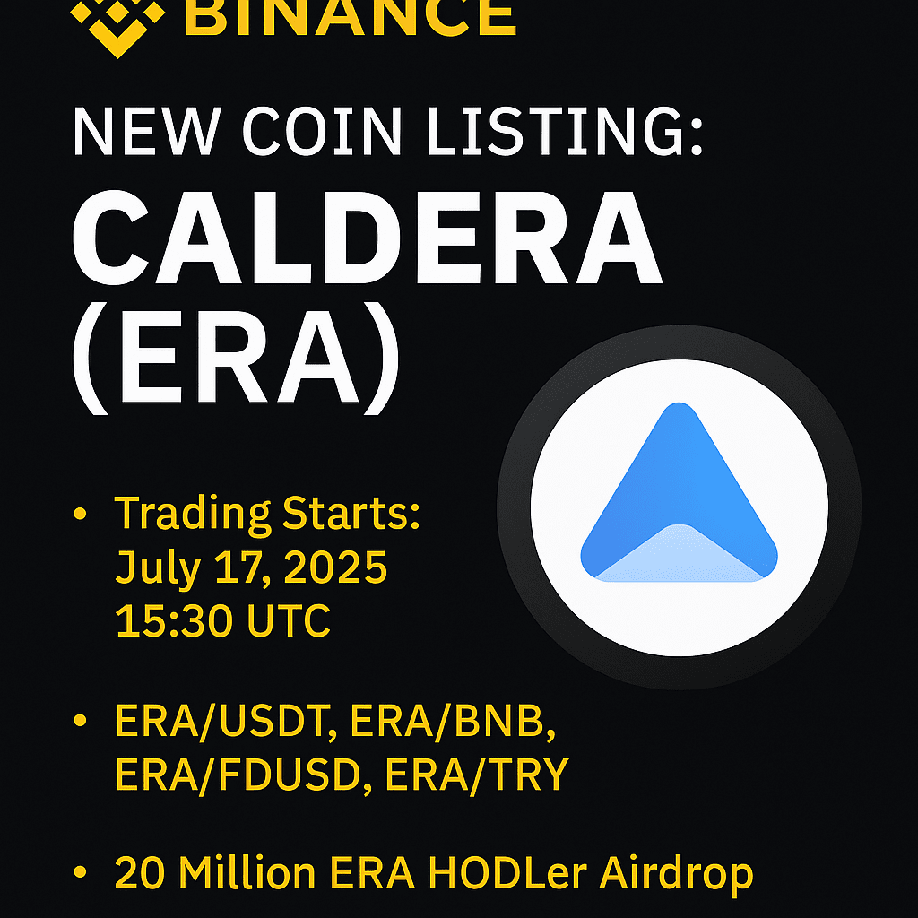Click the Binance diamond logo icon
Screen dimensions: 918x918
coord(117,26)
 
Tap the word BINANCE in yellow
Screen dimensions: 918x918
coord(350,18)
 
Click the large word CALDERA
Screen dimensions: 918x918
coord(367,238)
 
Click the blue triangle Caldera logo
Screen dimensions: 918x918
coord(680,492)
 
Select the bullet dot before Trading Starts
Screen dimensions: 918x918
coord(80,514)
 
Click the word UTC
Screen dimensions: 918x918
coord(290,620)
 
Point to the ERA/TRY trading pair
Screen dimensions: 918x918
coord(477,775)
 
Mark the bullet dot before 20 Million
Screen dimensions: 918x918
coord(80,872)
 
